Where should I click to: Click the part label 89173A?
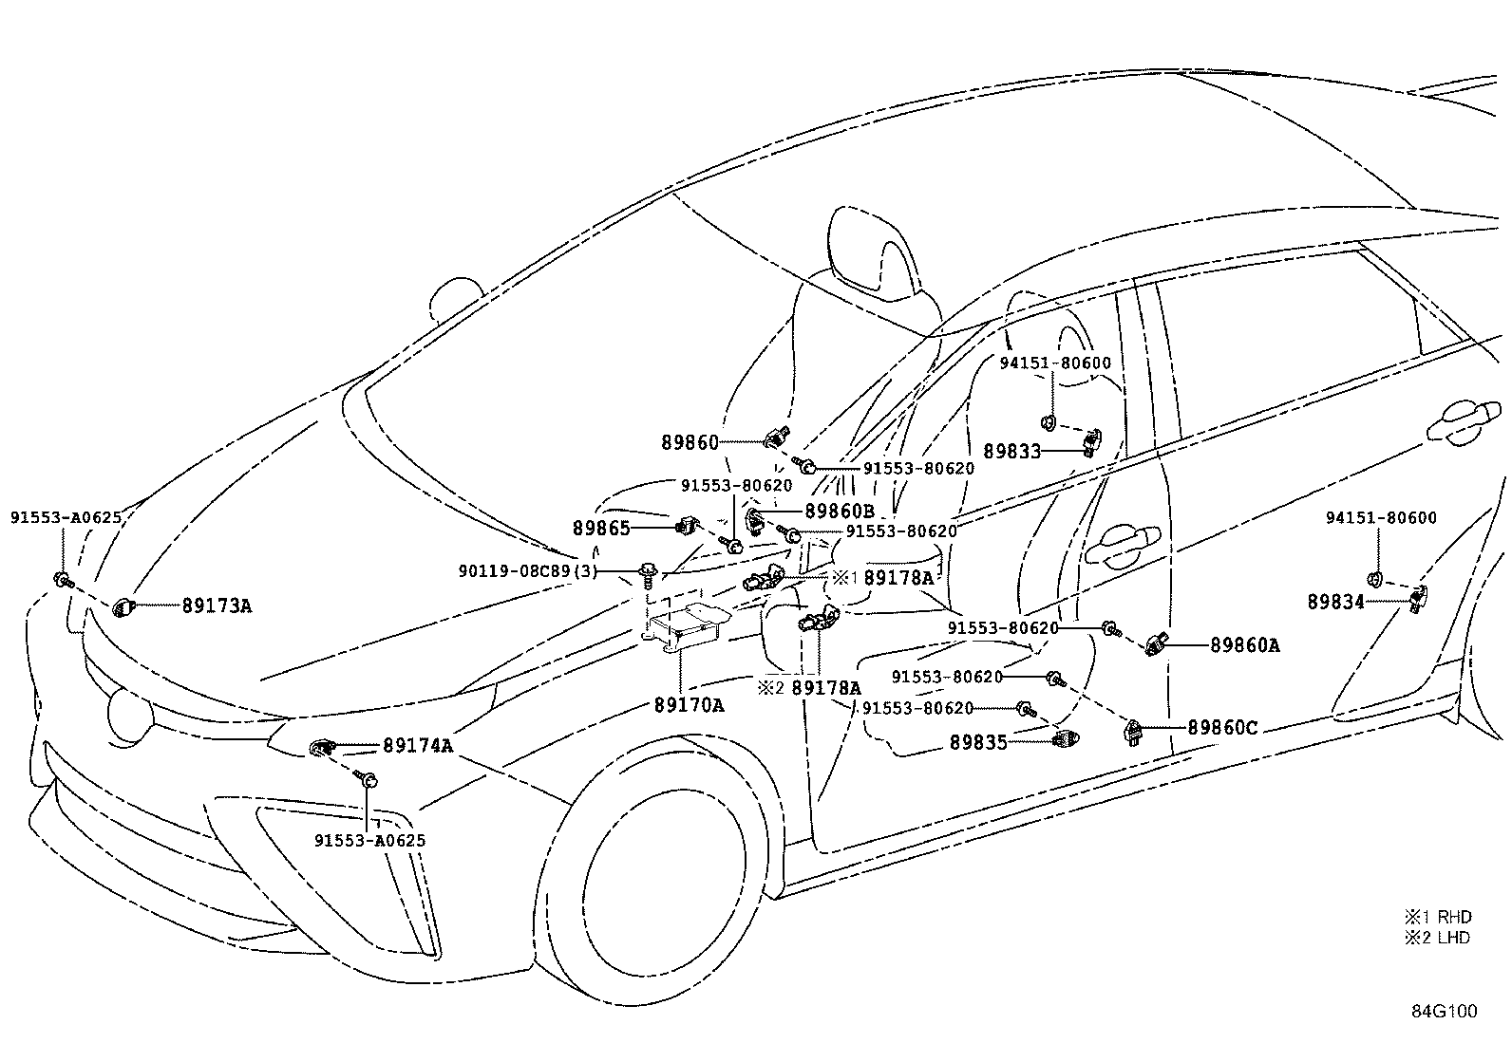pyautogui.click(x=217, y=605)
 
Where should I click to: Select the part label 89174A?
pyautogui.click(x=417, y=746)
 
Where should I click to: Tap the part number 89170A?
pyautogui.click(x=689, y=705)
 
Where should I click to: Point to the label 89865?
pyautogui.click(x=601, y=528)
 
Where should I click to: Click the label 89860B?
pyautogui.click(x=840, y=511)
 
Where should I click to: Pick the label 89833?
pyautogui.click(x=1011, y=452)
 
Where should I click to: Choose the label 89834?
pyautogui.click(x=1335, y=602)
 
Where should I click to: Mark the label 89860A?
pyautogui.click(x=1244, y=645)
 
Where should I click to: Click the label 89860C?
pyautogui.click(x=1222, y=728)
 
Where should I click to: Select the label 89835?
pyautogui.click(x=978, y=743)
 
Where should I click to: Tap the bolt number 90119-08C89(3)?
pyautogui.click(x=528, y=570)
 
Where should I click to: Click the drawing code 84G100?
pyautogui.click(x=1444, y=1012)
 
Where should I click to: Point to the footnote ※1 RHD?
pyautogui.click(x=1439, y=917)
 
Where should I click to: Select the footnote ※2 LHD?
pyautogui.click(x=1439, y=938)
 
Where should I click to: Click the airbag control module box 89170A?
pyautogui.click(x=686, y=626)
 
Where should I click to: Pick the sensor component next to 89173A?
pyautogui.click(x=123, y=606)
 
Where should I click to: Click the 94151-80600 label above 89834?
pyautogui.click(x=1380, y=518)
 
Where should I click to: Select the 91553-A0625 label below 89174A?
pyautogui.click(x=370, y=841)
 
